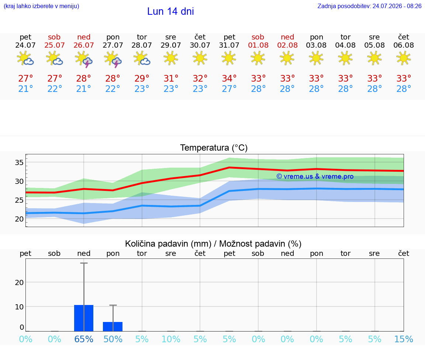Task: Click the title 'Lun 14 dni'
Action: pos(170,11)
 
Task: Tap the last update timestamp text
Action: pos(369,6)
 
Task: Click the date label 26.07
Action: pos(84,45)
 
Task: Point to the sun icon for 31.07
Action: pos(229,58)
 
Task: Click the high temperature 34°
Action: pos(229,78)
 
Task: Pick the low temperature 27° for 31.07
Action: pos(229,89)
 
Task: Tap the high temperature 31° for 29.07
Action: pos(171,78)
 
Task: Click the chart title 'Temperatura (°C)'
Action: pos(214,148)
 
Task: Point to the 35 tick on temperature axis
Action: pos(19,162)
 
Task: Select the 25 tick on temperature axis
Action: pos(19,200)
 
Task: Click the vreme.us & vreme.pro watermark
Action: pos(315,176)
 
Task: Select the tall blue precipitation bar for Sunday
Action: pos(84,318)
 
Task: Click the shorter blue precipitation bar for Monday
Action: pos(113,327)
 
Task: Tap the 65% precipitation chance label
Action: pos(84,339)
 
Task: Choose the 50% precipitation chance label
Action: pos(113,339)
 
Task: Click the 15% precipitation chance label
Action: pos(404,339)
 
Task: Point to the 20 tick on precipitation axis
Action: pos(19,282)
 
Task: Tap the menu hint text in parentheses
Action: pos(41,6)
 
